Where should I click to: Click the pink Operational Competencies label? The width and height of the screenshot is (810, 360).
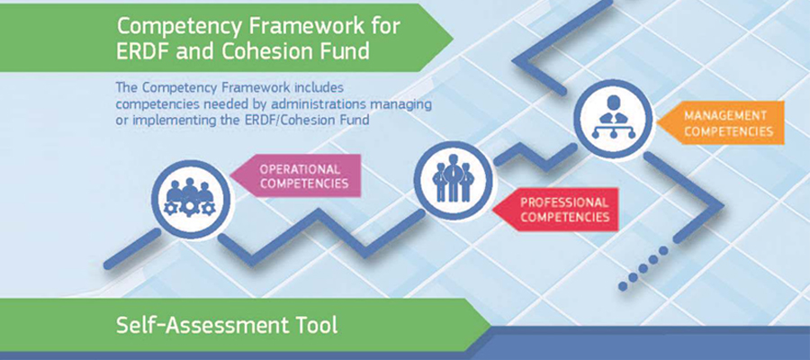coord(295,175)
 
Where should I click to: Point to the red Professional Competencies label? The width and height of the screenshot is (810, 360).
coord(555,209)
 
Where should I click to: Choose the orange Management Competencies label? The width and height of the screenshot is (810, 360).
coord(721,123)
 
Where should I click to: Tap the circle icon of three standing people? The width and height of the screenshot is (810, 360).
coord(453,180)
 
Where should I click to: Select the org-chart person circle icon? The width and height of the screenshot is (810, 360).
coord(613,118)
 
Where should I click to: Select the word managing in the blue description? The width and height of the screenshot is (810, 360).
coord(400,104)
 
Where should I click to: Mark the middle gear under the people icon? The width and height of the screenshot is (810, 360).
coord(190,208)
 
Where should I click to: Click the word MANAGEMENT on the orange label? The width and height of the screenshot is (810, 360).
coord(725,115)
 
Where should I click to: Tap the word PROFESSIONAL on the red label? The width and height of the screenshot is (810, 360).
coord(564,202)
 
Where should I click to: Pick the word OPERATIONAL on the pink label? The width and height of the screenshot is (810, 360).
coord(300,169)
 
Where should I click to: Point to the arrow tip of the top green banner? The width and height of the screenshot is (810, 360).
coord(453,37)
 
